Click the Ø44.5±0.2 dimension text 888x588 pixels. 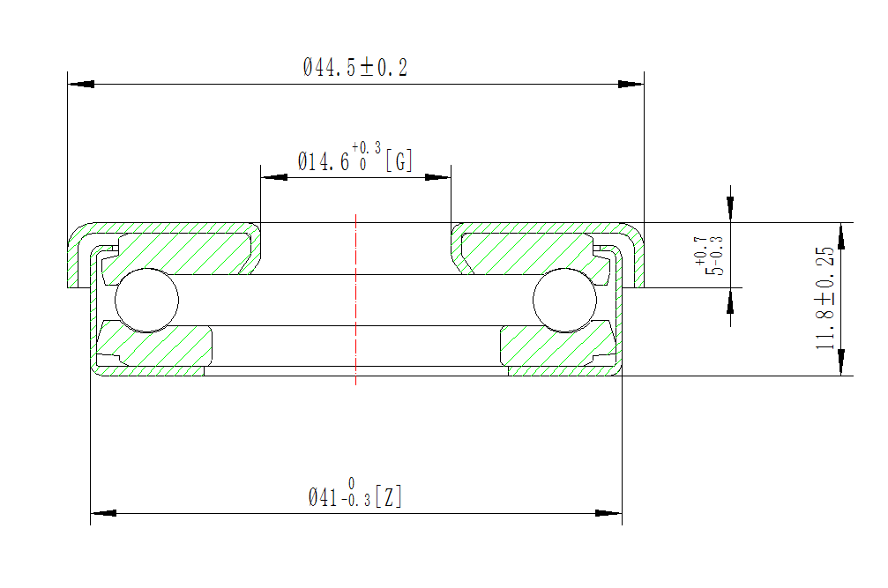(355, 67)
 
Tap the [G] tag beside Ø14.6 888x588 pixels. (399, 160)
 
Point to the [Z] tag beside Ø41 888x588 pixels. (389, 497)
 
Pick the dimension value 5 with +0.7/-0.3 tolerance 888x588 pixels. (718, 268)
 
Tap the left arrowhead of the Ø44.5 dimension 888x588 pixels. (81, 85)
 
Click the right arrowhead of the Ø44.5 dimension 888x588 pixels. (631, 85)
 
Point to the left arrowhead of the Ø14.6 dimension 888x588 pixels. (273, 176)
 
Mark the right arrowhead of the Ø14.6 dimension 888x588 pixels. (438, 176)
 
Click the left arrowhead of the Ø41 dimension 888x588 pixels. (104, 512)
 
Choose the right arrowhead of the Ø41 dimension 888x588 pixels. (609, 512)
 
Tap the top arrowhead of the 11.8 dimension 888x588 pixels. (841, 234)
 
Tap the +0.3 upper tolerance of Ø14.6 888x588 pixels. (366, 147)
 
